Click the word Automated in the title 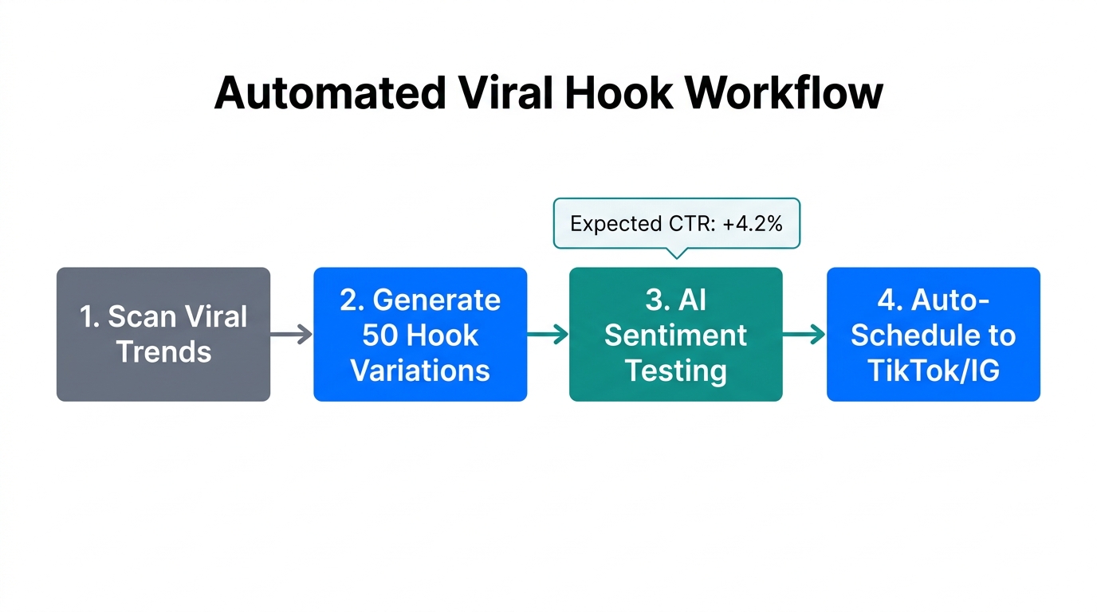pyautogui.click(x=329, y=94)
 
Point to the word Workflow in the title pyautogui.click(x=784, y=94)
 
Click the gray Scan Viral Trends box pyautogui.click(x=163, y=334)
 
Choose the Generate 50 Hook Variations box pyautogui.click(x=420, y=334)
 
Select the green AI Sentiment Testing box pyautogui.click(x=675, y=334)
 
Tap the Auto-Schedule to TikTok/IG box pyautogui.click(x=933, y=334)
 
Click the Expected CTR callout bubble pyautogui.click(x=676, y=224)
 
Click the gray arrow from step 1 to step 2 pyautogui.click(x=292, y=335)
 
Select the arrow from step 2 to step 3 pyautogui.click(x=548, y=335)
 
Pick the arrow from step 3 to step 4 pyautogui.click(x=804, y=335)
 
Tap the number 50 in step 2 pyautogui.click(x=380, y=335)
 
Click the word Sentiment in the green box pyautogui.click(x=675, y=335)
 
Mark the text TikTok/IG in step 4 pyautogui.click(x=933, y=371)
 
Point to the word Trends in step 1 pyautogui.click(x=164, y=351)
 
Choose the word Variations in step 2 pyautogui.click(x=420, y=371)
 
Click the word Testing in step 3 pyautogui.click(x=675, y=371)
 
